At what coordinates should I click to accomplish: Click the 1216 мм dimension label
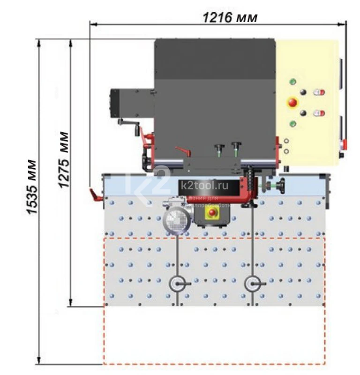[x=230, y=18]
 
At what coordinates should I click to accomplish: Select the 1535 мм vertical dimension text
[x=32, y=187]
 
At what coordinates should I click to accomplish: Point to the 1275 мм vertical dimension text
[x=64, y=160]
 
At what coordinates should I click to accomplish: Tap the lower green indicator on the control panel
[x=293, y=123]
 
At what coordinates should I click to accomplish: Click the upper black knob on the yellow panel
[x=303, y=92]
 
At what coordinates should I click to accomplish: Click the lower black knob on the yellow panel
[x=303, y=113]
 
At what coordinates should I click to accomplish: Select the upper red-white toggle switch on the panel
[x=319, y=92]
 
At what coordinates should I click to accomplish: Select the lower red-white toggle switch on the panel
[x=319, y=113]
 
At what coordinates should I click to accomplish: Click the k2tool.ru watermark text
[x=203, y=186]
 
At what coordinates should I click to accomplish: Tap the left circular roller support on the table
[x=178, y=284]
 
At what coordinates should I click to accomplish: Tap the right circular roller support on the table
[x=254, y=284]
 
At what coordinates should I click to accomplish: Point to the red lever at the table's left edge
[x=95, y=194]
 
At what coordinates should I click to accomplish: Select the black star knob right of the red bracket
[x=281, y=186]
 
